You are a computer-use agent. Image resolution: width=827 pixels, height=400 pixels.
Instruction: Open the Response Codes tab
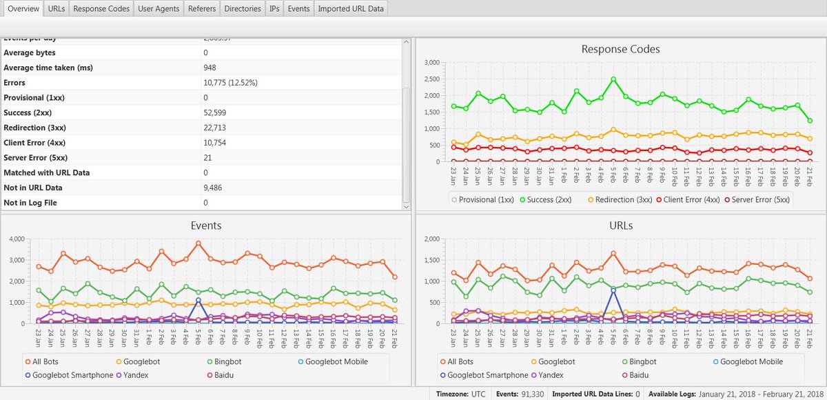click(101, 9)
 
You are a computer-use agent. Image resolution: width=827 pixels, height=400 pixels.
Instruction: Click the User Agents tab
click(159, 9)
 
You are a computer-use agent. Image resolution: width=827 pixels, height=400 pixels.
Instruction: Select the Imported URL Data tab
click(351, 9)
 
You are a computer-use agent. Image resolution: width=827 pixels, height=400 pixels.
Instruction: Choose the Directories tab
click(243, 9)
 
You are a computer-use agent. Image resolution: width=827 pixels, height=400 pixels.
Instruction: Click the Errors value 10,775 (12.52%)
click(231, 83)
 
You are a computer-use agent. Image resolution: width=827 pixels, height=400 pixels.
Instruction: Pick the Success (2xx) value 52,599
click(215, 112)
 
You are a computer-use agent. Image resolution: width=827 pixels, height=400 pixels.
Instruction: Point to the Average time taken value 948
click(210, 68)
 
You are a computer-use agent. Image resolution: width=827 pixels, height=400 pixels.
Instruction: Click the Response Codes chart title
click(620, 49)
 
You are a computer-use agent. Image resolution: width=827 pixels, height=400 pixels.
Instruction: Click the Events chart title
click(205, 226)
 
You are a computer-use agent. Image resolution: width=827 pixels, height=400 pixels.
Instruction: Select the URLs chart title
click(620, 226)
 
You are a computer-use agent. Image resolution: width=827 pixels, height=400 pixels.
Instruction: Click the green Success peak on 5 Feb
click(613, 79)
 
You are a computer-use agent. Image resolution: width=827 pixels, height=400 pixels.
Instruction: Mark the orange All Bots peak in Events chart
click(198, 243)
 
